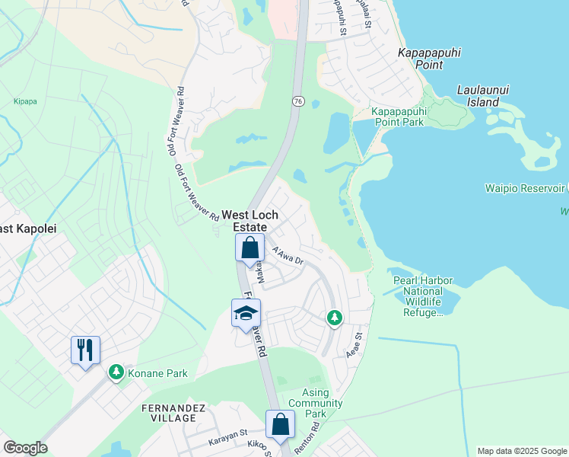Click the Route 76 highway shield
297,101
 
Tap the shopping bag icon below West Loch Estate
250,248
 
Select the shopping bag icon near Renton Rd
280,425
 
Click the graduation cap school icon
246,313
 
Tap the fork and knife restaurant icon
84,350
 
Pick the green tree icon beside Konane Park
116,372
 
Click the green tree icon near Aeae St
334,318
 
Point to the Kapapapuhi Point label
431,59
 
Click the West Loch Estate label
244,222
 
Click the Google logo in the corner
25,448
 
